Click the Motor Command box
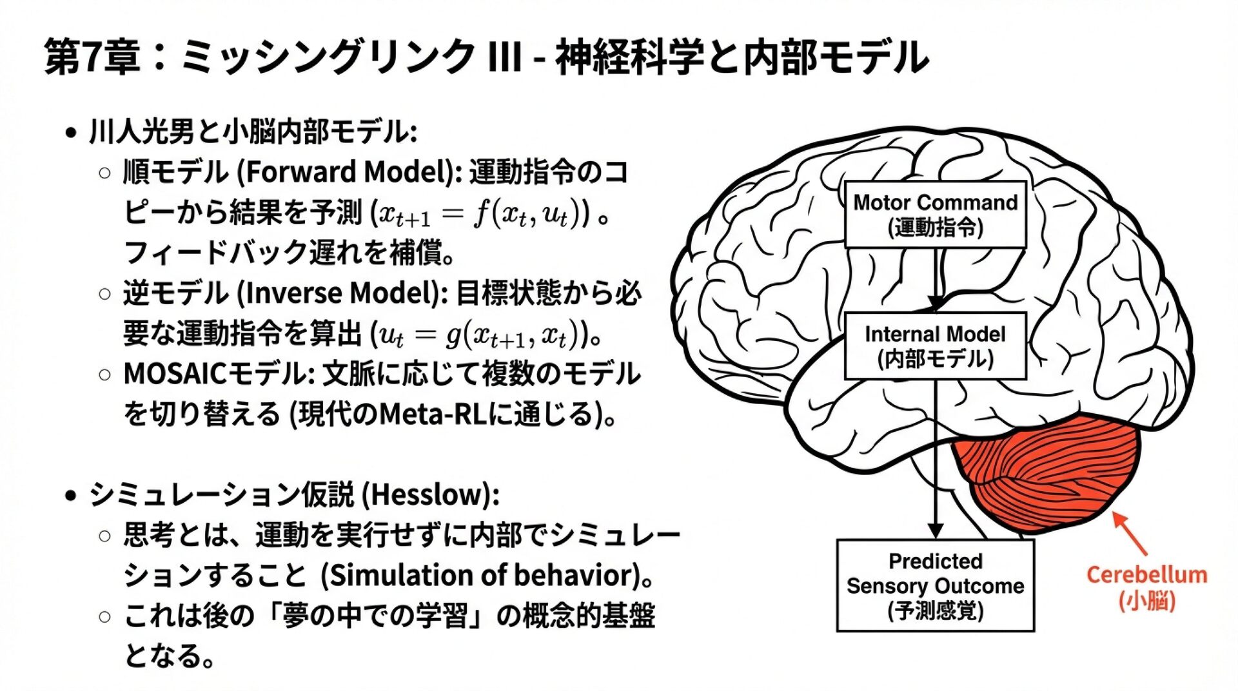click(x=935, y=214)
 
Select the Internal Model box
click(x=935, y=346)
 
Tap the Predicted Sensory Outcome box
click(x=935, y=585)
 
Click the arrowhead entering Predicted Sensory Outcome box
click(x=936, y=530)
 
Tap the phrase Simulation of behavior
click(x=481, y=576)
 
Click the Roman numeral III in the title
click(x=505, y=57)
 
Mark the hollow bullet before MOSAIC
click(x=105, y=375)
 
